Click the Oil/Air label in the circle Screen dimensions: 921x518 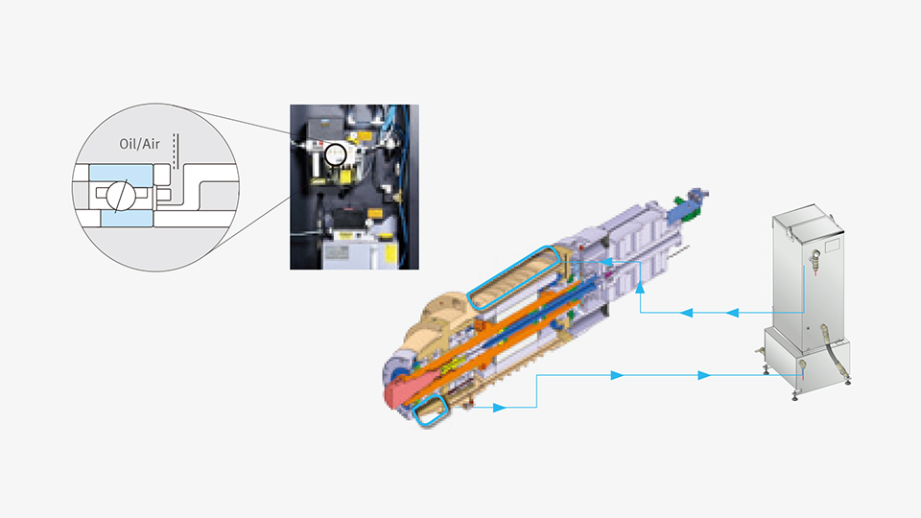[x=139, y=144]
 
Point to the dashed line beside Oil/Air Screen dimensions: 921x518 [x=175, y=151]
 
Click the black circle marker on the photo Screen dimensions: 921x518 [x=336, y=154]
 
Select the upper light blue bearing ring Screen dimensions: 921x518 [x=121, y=174]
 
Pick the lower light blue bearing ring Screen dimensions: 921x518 [x=127, y=219]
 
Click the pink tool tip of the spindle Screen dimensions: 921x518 [x=401, y=390]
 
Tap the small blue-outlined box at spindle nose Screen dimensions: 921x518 [x=431, y=410]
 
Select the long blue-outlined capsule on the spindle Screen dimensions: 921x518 [x=513, y=276]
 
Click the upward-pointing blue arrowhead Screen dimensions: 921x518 [x=640, y=287]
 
